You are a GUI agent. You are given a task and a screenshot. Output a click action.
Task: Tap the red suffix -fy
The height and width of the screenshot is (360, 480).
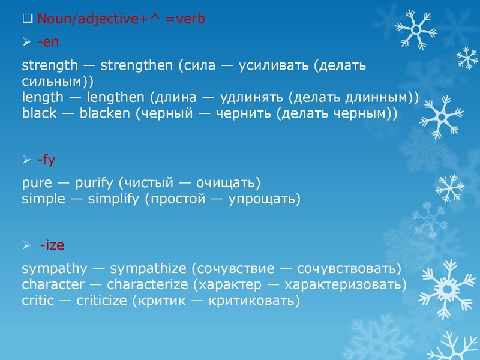46,159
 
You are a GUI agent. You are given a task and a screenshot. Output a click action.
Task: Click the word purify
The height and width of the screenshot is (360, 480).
95,182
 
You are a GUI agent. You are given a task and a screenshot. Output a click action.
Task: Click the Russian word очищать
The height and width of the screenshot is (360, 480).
227,182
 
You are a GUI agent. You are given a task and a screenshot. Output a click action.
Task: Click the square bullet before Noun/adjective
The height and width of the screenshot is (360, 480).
26,19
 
